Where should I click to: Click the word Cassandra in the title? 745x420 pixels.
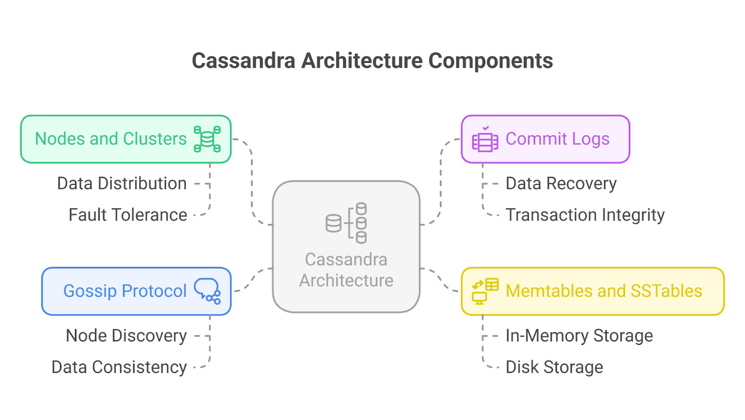(244, 61)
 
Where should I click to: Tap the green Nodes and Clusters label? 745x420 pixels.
(111, 139)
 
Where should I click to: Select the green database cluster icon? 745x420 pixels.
(207, 139)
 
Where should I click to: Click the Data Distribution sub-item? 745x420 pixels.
(122, 183)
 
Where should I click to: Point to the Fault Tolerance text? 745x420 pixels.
(128, 215)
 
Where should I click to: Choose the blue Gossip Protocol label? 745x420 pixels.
(125, 291)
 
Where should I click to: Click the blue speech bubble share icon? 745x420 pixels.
(207, 291)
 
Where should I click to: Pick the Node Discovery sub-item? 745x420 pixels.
(126, 336)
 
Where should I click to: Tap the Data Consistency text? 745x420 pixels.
(119, 367)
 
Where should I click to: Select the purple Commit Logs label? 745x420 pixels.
(557, 139)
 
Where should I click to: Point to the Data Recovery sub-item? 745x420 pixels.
(561, 183)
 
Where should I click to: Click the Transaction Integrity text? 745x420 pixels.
(585, 215)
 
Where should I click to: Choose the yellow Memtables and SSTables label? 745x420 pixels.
(604, 291)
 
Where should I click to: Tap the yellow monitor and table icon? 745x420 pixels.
(485, 291)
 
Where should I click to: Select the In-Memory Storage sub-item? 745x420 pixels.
(579, 336)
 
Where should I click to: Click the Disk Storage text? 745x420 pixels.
(554, 367)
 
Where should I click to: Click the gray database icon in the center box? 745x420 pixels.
(346, 223)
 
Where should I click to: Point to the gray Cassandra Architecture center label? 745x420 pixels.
(346, 270)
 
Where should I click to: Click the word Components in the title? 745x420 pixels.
(490, 61)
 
